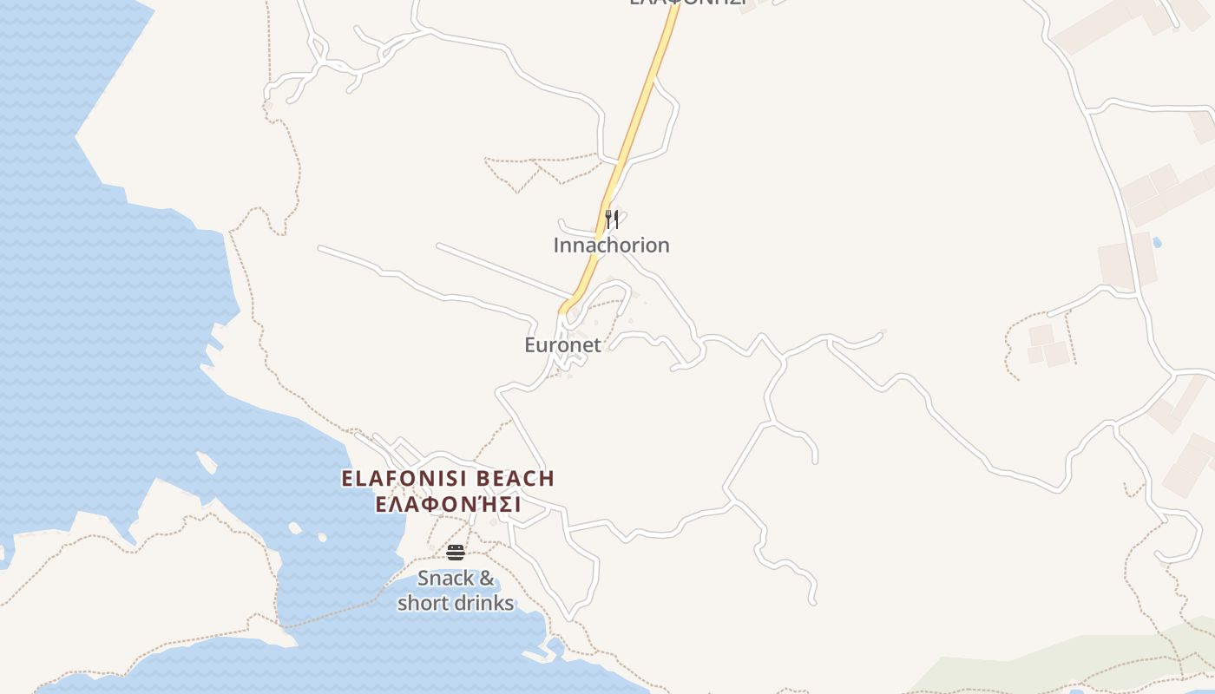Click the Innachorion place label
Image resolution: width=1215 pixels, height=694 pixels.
611,246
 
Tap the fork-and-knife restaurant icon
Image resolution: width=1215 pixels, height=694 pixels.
612,219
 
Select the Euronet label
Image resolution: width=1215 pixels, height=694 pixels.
562,345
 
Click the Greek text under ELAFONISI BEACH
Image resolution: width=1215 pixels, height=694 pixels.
447,505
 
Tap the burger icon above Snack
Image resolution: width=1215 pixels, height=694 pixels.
456,553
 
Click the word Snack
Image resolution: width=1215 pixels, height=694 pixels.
446,579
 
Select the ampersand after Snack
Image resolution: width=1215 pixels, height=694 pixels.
487,579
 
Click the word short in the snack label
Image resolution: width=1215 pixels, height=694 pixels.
425,603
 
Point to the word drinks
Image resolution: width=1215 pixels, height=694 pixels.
486,603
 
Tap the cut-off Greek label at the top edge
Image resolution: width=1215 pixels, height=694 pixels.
688,3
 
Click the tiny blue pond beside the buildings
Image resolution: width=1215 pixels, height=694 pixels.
1157,242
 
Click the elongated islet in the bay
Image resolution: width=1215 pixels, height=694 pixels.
207,463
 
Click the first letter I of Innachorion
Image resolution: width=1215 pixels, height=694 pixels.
556,246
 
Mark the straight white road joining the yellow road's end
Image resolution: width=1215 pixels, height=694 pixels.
503,270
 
